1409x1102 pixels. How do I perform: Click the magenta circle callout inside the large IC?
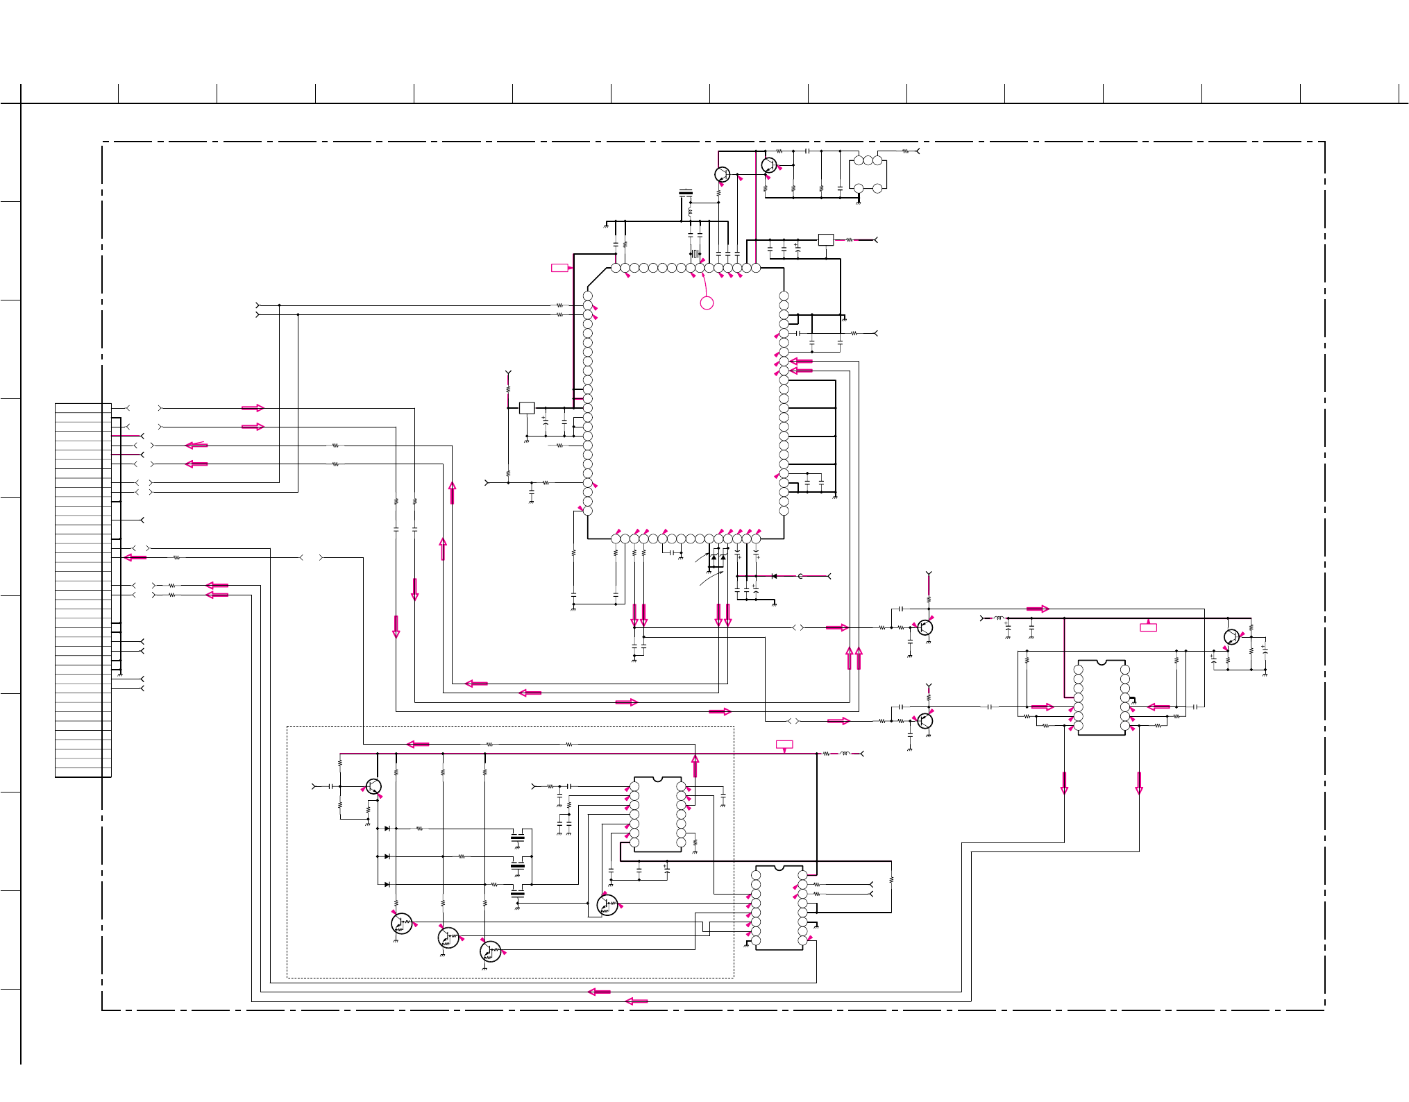(707, 303)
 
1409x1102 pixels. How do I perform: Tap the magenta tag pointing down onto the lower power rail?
(784, 745)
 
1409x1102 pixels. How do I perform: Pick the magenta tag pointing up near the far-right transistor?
(1149, 627)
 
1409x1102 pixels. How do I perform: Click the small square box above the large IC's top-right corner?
(826, 239)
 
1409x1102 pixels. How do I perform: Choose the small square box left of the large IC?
(527, 408)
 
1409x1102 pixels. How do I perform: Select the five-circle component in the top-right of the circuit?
(868, 173)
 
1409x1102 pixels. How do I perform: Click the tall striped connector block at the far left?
(83, 590)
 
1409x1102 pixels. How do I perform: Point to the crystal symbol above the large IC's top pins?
(695, 254)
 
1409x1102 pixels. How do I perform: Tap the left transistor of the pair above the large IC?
(722, 174)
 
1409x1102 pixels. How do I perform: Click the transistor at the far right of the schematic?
(1231, 637)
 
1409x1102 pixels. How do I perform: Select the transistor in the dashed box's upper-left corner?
(373, 787)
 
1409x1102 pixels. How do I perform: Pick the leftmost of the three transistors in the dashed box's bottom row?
(401, 924)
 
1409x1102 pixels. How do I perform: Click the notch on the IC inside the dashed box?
(657, 779)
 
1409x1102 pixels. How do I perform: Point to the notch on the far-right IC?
(1102, 662)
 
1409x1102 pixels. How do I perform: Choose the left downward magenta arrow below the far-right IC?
(1064, 783)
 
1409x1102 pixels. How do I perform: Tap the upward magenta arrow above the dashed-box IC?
(695, 766)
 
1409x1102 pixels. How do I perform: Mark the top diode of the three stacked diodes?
(387, 829)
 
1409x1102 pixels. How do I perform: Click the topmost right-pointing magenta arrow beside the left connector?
(253, 408)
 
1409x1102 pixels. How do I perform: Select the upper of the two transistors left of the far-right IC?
(925, 627)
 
